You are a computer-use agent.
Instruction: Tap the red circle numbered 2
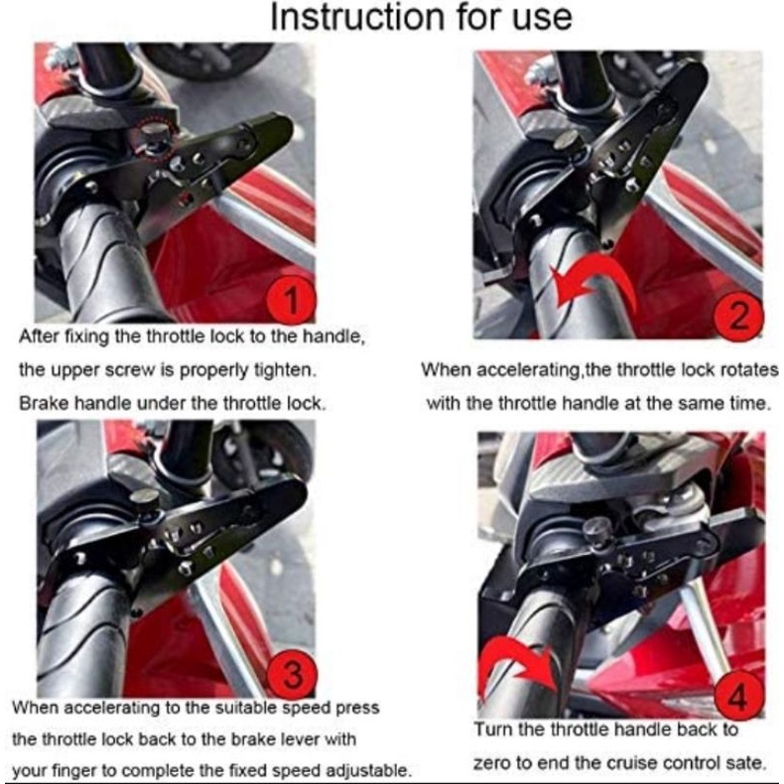tap(739, 316)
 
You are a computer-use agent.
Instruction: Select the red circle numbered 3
tap(292, 673)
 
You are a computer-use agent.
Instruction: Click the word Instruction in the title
tap(357, 17)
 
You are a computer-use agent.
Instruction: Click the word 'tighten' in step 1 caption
tap(285, 370)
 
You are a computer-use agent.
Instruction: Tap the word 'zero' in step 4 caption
tap(492, 763)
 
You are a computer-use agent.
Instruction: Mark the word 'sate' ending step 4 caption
tap(747, 763)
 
